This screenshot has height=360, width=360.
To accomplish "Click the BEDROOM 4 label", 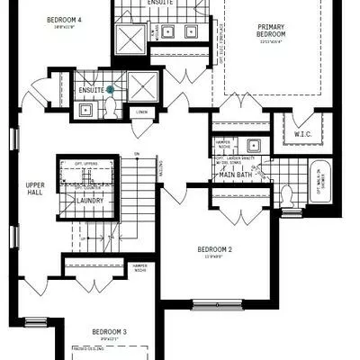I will tap(64, 20).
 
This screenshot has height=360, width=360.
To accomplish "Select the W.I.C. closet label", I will tap(301, 135).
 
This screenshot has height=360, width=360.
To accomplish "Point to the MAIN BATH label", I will tap(235, 174).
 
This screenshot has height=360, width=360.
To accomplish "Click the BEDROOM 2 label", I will tap(215, 249).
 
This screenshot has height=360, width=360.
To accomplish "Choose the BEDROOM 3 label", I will tap(109, 332).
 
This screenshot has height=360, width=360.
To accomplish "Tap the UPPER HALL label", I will tap(35, 189).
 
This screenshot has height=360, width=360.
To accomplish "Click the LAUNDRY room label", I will tap(90, 201).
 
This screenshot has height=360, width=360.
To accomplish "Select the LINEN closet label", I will tap(141, 112).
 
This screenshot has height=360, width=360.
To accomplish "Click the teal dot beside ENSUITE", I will tap(110, 89).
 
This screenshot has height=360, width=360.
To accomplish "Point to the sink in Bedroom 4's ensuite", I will tap(85, 110).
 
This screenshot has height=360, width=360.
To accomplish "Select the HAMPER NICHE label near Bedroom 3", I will tap(139, 268).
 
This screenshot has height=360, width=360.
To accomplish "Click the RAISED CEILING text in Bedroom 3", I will tap(93, 347).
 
